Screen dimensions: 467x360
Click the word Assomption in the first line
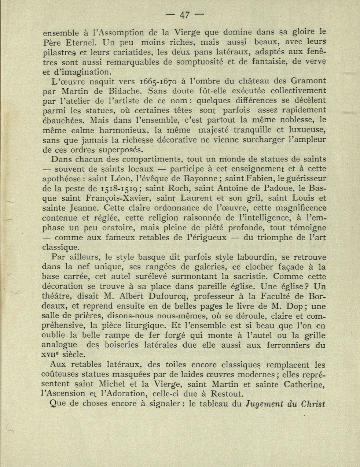coord(122,31)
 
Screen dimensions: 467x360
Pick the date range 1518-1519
coord(119,189)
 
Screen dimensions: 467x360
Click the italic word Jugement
coord(267,404)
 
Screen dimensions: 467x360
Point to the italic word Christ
coord(313,404)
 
